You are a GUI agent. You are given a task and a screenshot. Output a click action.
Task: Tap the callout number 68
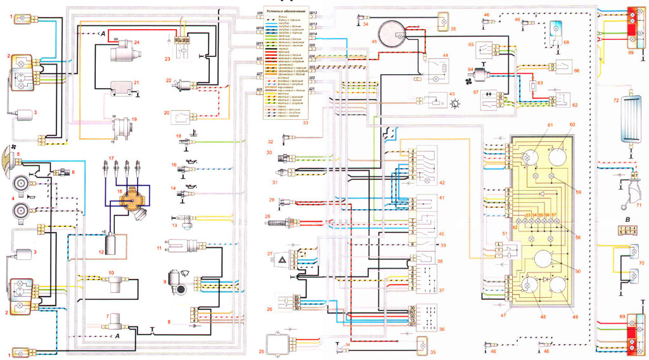(x=566, y=42)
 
